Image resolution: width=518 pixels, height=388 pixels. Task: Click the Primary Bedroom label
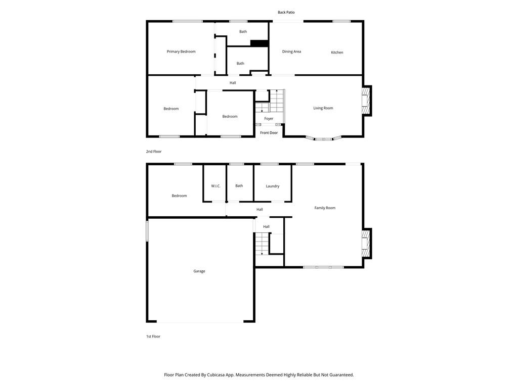(x=181, y=52)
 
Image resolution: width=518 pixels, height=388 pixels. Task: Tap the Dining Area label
(x=291, y=52)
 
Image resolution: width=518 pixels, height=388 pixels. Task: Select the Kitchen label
(x=337, y=53)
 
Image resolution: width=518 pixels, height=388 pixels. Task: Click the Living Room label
(x=323, y=108)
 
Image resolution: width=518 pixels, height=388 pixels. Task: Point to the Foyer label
(x=269, y=119)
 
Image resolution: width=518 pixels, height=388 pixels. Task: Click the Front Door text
(x=269, y=133)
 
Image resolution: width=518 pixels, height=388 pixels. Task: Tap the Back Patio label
(x=286, y=12)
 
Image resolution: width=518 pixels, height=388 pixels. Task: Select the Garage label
(x=199, y=271)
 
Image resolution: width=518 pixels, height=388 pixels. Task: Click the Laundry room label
(x=273, y=186)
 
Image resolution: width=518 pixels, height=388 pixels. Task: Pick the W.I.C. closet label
(x=215, y=186)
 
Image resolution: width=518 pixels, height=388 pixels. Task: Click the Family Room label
(x=325, y=208)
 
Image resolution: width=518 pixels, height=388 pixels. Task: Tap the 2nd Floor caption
(x=154, y=151)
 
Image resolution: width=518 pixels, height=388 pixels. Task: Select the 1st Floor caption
(x=153, y=336)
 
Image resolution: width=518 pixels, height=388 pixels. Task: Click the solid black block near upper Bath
(x=259, y=43)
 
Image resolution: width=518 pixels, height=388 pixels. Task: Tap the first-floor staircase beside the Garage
(x=261, y=244)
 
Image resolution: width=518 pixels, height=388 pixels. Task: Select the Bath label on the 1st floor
(x=239, y=186)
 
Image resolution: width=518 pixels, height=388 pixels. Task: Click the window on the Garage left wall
(x=147, y=231)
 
